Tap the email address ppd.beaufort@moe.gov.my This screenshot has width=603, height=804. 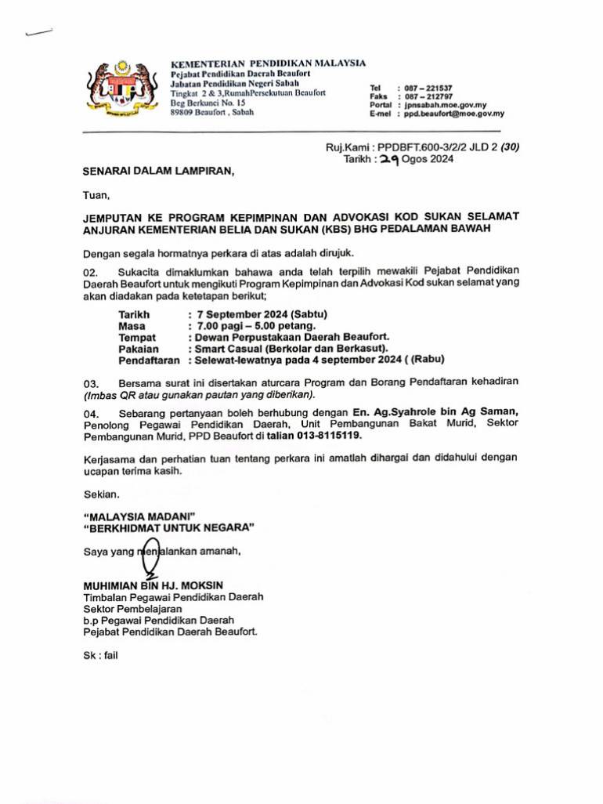[454, 113]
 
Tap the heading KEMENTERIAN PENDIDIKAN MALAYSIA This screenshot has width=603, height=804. [268, 63]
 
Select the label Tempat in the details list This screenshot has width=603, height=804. [137, 337]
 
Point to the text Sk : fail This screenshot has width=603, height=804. [100, 656]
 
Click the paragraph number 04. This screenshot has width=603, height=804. [92, 412]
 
